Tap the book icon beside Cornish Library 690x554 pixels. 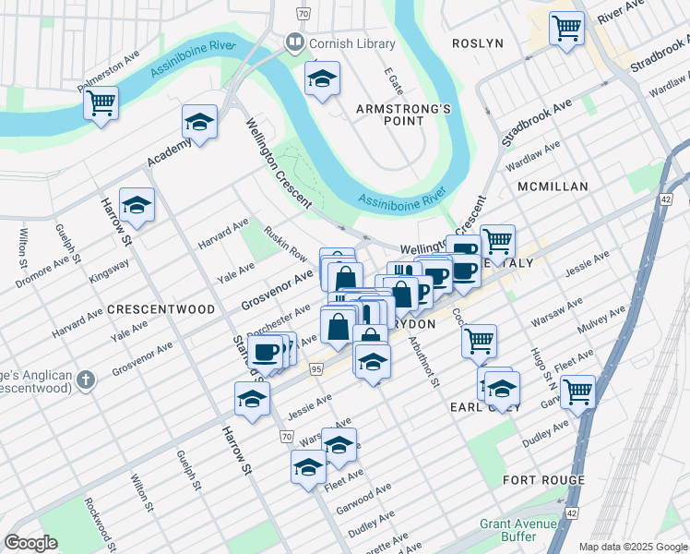coord(294,42)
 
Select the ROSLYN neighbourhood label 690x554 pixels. coord(477,43)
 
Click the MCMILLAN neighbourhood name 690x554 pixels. coord(553,187)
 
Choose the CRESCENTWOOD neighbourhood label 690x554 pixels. coord(161,309)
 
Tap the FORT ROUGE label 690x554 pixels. coord(543,480)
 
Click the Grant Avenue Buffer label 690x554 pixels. coord(518,530)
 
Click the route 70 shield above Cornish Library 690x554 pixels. coord(302,14)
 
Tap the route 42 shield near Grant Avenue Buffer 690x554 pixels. coord(573,512)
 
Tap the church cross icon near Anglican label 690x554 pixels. coord(85,379)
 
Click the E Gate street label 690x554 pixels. coord(394,84)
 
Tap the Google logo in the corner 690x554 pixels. coord(31,543)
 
